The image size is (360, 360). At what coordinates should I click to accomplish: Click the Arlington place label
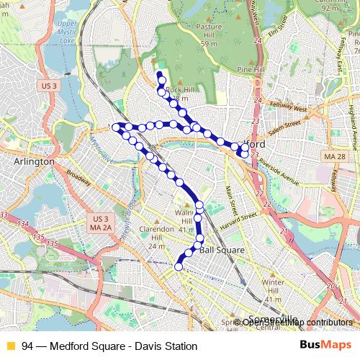pos(34,162)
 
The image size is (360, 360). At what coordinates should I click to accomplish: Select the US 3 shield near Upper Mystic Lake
pos(49,86)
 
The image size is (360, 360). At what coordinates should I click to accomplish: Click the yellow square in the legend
pos(10,346)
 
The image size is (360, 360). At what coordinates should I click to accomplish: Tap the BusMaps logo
pos(325,346)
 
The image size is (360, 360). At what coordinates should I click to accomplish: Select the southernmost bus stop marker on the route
pos(178,266)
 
